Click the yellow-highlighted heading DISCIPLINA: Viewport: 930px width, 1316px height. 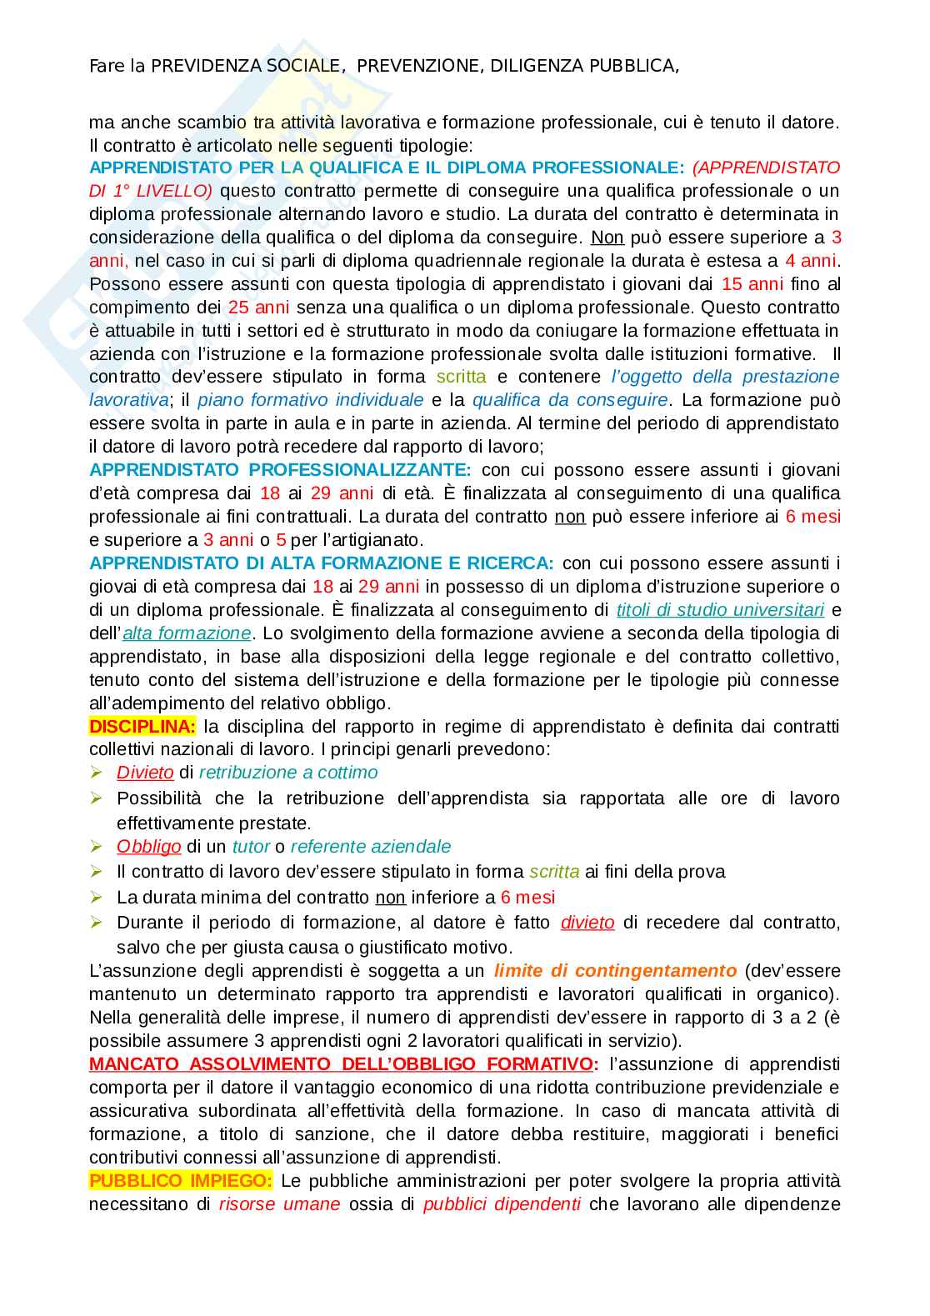(x=142, y=726)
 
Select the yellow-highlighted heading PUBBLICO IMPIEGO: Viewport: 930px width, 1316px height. (x=180, y=1180)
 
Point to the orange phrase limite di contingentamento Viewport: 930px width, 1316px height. (x=615, y=970)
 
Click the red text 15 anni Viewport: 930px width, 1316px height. (x=752, y=284)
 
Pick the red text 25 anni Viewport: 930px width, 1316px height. (x=258, y=308)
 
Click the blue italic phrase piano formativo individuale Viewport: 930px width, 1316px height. (x=310, y=400)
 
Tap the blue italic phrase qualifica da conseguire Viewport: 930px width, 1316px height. (x=570, y=400)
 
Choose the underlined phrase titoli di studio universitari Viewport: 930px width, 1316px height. (x=720, y=610)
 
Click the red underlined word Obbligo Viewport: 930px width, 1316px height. (x=148, y=847)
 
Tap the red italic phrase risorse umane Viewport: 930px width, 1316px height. (x=279, y=1203)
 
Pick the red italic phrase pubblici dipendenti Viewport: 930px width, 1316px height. (x=502, y=1203)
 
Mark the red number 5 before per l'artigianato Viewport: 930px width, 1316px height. (x=281, y=540)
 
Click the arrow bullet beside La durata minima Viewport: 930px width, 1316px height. (x=97, y=897)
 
